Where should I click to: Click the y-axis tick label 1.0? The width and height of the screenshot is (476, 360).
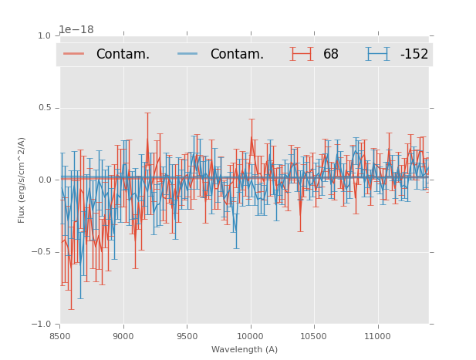point(43,35)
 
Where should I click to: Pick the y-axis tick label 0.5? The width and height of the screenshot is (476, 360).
point(43,108)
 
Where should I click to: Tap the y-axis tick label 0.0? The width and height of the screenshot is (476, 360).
point(43,180)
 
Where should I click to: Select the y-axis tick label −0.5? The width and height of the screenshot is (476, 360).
point(41,252)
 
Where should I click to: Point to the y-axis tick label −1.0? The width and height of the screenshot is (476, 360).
point(41,324)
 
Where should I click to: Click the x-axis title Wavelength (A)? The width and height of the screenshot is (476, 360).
point(245,350)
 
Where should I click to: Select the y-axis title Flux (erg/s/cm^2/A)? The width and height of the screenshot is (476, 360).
point(22,180)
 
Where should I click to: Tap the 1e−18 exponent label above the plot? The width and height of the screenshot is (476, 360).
point(76,30)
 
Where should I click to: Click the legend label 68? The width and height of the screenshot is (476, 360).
point(331,55)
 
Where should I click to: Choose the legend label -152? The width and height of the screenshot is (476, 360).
point(414,55)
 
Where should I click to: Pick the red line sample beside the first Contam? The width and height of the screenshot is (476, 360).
point(75,54)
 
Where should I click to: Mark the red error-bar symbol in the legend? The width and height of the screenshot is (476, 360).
point(302,54)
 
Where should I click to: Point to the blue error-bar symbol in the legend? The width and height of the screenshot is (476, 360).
point(378,54)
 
